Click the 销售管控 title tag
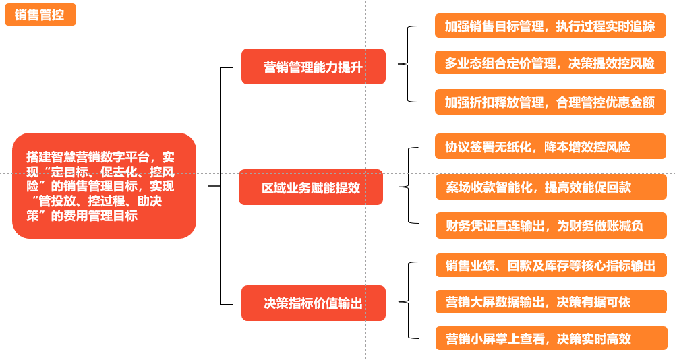pos(40,15)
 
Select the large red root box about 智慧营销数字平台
pos(104,185)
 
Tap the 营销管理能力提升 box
pos(314,67)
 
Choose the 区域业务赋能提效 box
pos(311,187)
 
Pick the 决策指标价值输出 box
pos(314,303)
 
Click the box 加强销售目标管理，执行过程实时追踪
pos(550,26)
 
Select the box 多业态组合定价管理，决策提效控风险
pos(550,63)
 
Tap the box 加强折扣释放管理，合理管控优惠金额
pos(550,102)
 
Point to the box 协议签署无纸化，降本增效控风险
pos(550,146)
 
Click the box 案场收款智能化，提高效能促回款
pos(550,187)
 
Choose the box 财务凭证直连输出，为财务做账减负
pos(550,226)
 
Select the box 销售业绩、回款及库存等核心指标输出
pos(550,265)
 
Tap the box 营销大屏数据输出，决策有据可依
pos(550,301)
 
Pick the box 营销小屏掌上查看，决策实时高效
pos(550,338)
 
